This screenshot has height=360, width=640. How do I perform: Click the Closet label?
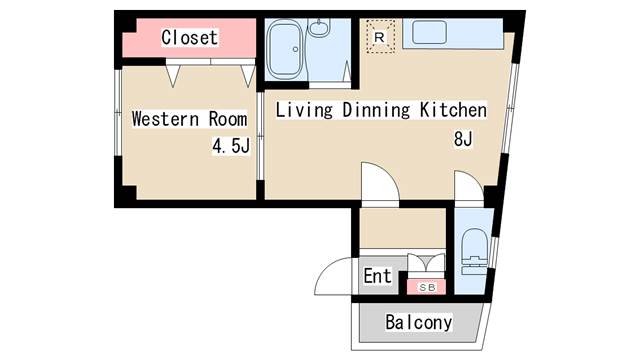pyautogui.click(x=189, y=38)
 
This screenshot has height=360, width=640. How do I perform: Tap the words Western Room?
pyautogui.click(x=189, y=119)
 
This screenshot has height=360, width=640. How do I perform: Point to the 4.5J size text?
pyautogui.click(x=231, y=146)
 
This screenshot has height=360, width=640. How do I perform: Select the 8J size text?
pyautogui.click(x=463, y=139)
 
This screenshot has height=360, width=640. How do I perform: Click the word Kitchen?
pyautogui.click(x=453, y=110)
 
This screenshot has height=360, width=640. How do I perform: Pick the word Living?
pyautogui.click(x=304, y=110)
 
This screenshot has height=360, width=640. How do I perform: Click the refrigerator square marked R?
pyautogui.click(x=380, y=37)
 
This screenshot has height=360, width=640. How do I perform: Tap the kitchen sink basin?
pyautogui.click(x=429, y=32)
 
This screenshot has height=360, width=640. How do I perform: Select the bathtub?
pyautogui.click(x=285, y=49)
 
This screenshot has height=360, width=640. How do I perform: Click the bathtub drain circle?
pyautogui.click(x=296, y=49)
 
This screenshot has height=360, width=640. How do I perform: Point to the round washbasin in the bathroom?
pyautogui.click(x=319, y=27)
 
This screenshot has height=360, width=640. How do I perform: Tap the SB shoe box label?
pyautogui.click(x=427, y=287)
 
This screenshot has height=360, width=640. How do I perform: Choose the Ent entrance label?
pyautogui.click(x=378, y=276)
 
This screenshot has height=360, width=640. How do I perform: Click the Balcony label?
pyautogui.click(x=419, y=322)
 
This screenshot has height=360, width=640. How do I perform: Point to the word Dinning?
pyautogui.click(x=376, y=110)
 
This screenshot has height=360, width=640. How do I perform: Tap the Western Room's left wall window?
pyautogui.click(x=118, y=112)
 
